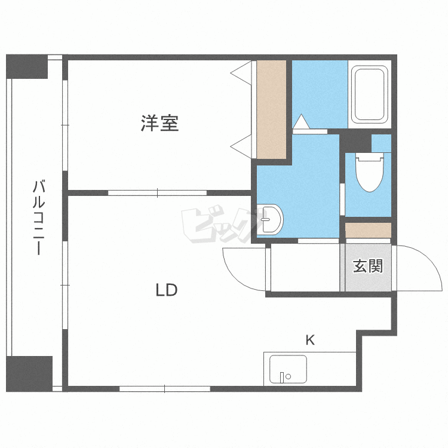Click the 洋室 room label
(x=159, y=123)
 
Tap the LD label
(x=167, y=290)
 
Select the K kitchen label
(x=310, y=340)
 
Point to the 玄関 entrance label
(x=368, y=266)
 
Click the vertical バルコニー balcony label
(x=39, y=217)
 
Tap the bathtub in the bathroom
(x=369, y=94)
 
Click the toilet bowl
(x=369, y=172)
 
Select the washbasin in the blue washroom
(x=270, y=219)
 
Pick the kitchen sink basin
(x=288, y=369)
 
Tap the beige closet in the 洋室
(x=271, y=109)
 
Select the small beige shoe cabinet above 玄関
(x=368, y=230)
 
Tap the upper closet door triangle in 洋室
(x=241, y=73)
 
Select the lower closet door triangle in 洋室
(x=241, y=146)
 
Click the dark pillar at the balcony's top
(x=26, y=66)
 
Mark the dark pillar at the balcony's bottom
(x=29, y=374)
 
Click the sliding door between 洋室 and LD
(x=157, y=193)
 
